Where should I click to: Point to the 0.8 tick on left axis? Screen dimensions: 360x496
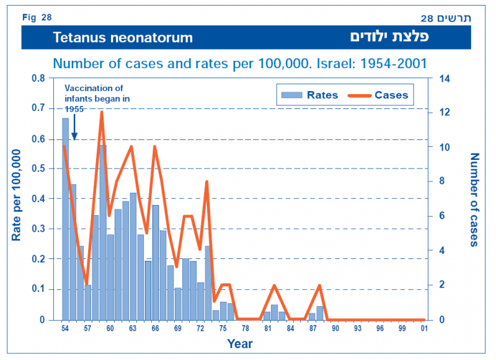(x=38, y=78)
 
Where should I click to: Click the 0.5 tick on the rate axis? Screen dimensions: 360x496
(x=38, y=169)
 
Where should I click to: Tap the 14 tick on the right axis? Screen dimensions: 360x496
(x=445, y=78)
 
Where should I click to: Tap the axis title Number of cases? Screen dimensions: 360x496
(x=475, y=199)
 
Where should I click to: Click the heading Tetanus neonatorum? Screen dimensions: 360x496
(x=123, y=38)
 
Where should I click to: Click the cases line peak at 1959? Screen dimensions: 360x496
(x=102, y=112)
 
